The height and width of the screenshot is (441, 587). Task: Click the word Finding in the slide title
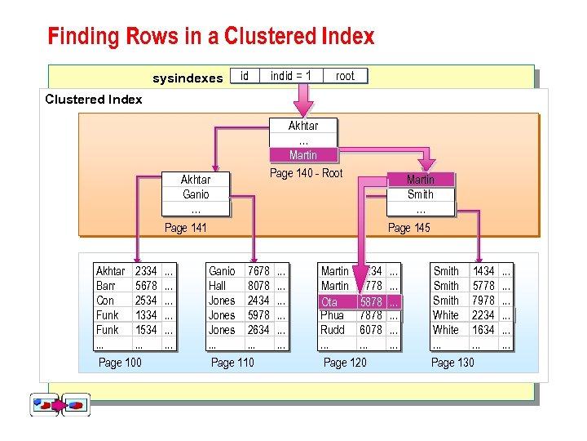(77, 37)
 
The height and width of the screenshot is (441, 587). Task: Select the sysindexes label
(188, 78)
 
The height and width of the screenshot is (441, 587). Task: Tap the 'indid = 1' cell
(291, 76)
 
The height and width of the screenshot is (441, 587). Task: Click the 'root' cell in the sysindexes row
(345, 76)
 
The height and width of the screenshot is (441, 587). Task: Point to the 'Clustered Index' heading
(94, 100)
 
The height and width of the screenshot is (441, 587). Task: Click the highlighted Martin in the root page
(303, 155)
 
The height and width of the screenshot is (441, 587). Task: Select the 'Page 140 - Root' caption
(306, 173)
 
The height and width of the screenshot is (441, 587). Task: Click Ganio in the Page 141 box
(196, 194)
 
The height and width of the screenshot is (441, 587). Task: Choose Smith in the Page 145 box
(421, 194)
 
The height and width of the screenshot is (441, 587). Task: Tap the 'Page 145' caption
(409, 228)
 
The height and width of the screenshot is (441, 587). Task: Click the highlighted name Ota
(329, 301)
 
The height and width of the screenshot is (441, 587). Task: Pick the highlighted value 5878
(371, 301)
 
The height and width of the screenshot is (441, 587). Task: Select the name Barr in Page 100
(106, 286)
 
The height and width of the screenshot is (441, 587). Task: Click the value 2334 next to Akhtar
(146, 271)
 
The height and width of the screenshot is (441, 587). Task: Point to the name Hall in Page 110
(218, 286)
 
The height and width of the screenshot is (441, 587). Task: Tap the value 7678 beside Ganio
(258, 271)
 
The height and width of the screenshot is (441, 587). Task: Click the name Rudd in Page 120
(333, 330)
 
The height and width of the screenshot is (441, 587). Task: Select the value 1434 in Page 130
(483, 271)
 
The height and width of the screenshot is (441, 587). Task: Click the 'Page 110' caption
(232, 363)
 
